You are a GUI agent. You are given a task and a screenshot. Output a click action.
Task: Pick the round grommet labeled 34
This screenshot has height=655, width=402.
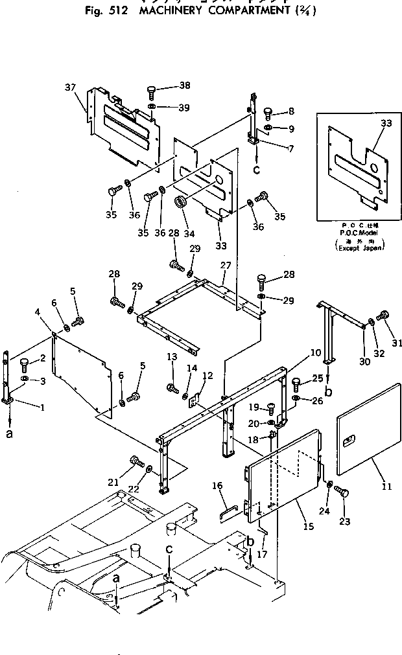click(x=181, y=203)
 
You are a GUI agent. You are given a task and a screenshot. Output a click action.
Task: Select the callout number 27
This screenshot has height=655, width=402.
click(x=225, y=266)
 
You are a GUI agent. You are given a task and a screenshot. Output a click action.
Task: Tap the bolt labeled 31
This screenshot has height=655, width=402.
click(x=382, y=316)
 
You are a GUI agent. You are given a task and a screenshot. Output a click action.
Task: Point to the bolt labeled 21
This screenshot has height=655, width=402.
click(x=137, y=462)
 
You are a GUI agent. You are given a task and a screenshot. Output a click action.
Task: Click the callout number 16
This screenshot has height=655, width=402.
click(x=217, y=485)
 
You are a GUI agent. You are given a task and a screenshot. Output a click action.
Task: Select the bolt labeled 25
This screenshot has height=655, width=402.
click(x=297, y=382)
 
